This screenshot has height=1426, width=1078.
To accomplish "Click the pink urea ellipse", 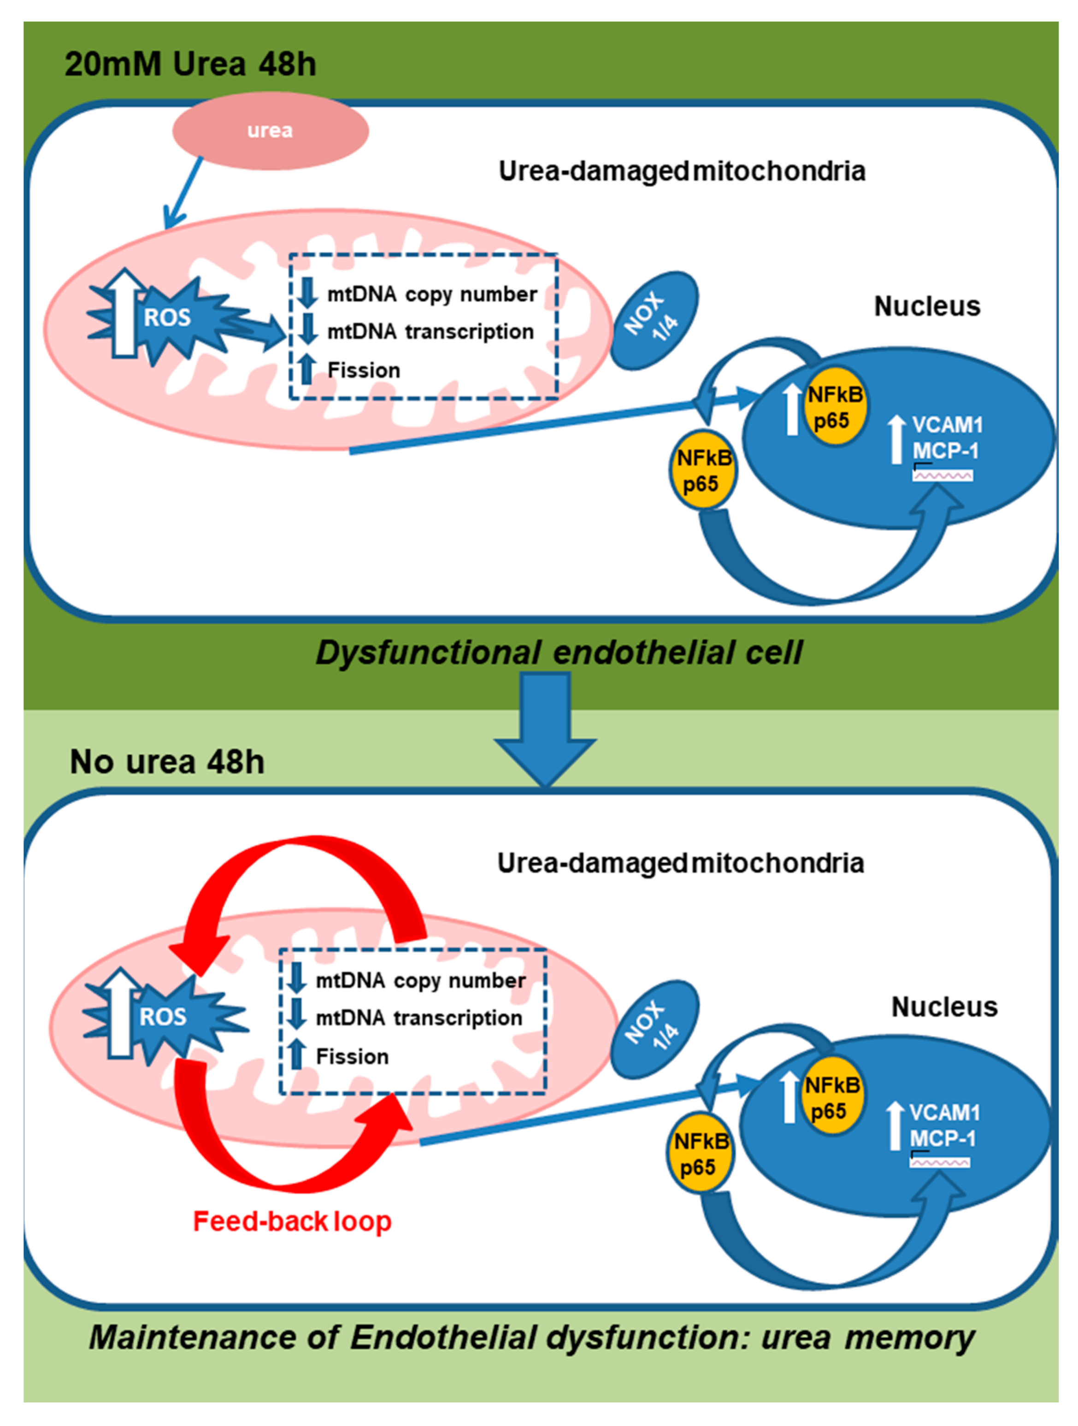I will point(270,131).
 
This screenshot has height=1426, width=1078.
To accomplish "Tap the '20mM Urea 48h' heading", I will point(190,65).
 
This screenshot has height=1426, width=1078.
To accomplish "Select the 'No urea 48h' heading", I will point(167,762).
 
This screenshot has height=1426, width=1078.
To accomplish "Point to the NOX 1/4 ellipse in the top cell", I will point(654,320).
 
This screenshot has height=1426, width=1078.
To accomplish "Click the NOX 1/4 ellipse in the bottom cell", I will point(654,1030).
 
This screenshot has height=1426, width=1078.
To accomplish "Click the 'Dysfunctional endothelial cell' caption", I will point(558,653).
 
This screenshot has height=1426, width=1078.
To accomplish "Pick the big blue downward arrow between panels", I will point(545,729).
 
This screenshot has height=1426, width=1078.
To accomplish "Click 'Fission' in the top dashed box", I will point(364,370).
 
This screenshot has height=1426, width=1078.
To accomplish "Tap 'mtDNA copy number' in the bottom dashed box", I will point(420,980).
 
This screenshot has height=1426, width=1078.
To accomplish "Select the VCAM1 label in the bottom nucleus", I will point(944,1112).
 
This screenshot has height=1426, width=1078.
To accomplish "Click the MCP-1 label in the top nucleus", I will point(945,451).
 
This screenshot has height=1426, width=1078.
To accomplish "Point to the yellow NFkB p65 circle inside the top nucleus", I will point(835,407).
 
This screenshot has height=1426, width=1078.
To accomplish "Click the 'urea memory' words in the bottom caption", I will point(867,1338).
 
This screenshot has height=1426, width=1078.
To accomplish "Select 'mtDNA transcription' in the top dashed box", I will point(430,331).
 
